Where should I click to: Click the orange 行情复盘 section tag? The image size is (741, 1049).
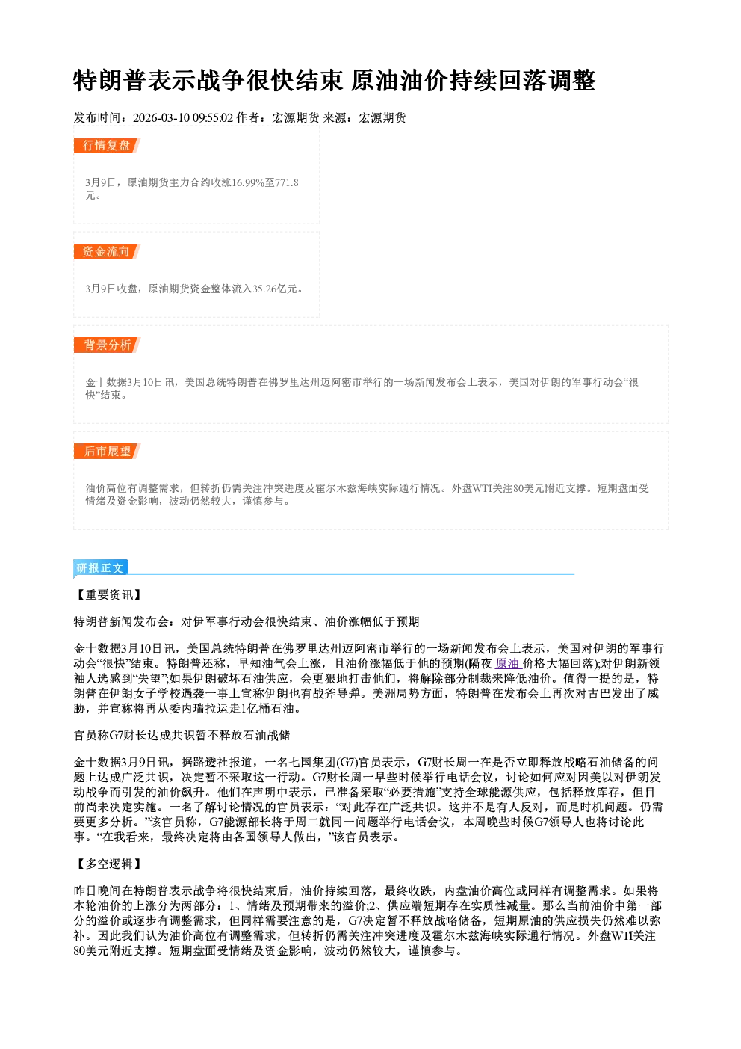107,145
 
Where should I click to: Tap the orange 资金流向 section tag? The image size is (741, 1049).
107,251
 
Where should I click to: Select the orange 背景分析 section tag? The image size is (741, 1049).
107,345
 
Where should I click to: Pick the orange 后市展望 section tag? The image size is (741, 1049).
107,452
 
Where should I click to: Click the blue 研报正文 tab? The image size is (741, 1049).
100,568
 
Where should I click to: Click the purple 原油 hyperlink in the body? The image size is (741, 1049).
506,664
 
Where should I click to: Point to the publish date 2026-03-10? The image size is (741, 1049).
161,117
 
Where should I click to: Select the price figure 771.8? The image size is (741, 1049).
287,182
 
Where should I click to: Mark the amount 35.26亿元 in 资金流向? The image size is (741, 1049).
275,289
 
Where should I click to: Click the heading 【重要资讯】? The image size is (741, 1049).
108,594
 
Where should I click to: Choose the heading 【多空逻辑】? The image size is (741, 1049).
108,864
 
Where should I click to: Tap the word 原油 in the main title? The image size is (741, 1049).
375,80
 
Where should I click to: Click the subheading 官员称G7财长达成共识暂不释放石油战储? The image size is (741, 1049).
182,735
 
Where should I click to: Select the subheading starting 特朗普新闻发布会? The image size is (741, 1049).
247,621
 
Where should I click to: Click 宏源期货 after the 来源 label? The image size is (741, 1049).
382,117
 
